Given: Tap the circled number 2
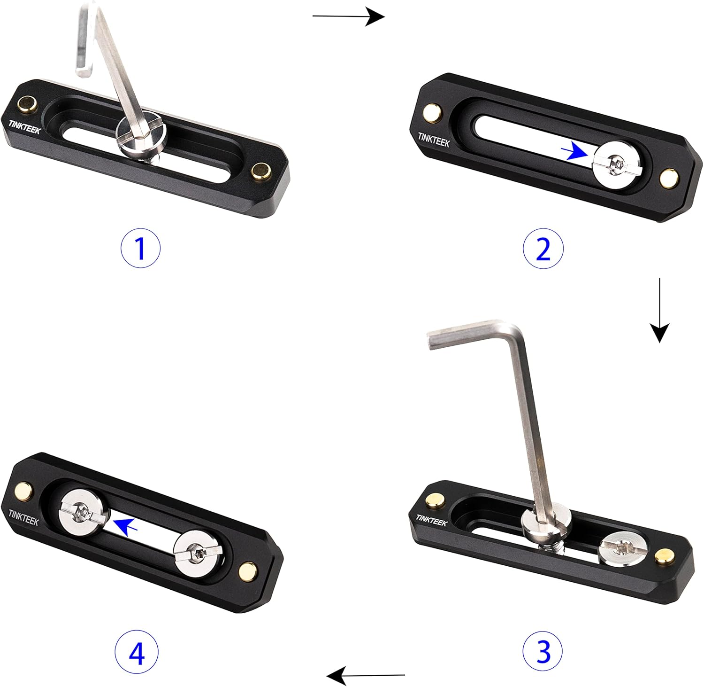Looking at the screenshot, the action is (543, 250).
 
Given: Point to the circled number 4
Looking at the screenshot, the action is (137, 653).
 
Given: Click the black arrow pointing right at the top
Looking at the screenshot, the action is (349, 16).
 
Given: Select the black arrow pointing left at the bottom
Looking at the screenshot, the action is (366, 677).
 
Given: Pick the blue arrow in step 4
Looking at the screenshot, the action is (126, 526).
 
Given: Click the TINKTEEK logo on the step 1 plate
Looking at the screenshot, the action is (24, 127).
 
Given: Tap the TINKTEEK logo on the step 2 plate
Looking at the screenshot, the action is (434, 140).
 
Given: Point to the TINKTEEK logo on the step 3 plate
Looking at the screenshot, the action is (432, 520).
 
